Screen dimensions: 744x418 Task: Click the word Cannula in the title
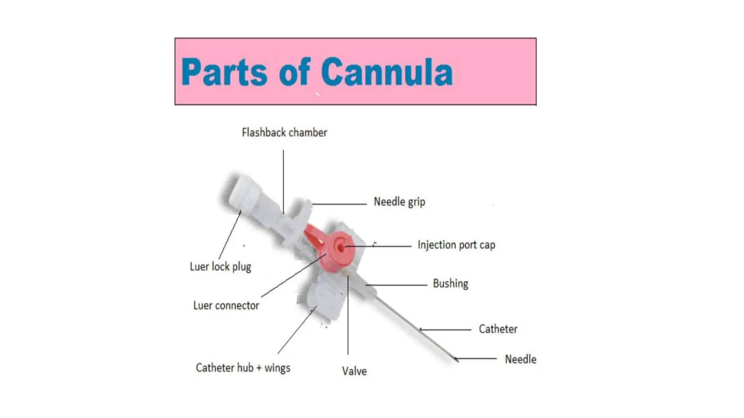387,72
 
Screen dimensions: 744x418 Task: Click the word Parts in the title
225,72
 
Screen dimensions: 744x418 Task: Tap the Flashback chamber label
284,132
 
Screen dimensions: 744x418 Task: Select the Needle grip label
399,202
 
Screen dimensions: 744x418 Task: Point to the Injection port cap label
456,245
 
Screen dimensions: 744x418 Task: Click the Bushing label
450,283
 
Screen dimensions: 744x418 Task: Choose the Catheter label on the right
498,329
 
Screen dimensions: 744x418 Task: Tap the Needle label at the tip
520,359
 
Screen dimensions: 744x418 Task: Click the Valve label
354,371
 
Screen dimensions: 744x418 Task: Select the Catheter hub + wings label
243,368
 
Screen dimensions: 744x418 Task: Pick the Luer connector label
226,306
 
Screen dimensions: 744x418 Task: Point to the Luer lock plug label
220,267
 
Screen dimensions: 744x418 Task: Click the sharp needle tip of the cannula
456,360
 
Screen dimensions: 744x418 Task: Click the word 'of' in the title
294,72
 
